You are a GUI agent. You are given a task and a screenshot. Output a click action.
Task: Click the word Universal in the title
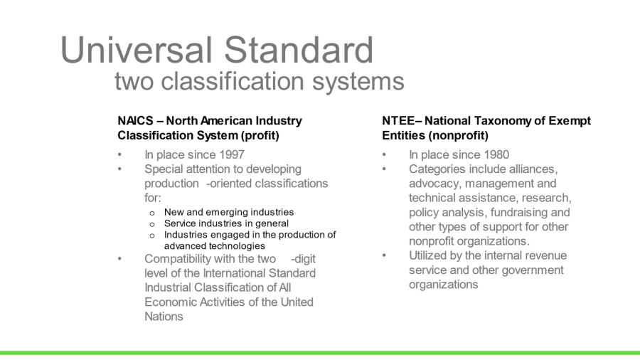pyautogui.click(x=137, y=50)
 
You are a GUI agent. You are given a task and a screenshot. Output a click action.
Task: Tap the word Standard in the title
pyautogui.click(x=299, y=50)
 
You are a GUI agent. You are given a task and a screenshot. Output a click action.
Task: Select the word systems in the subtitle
pyautogui.click(x=358, y=82)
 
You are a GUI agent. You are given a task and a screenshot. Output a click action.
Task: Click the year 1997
pyautogui.click(x=231, y=154)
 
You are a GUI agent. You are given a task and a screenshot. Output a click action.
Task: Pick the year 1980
pyautogui.click(x=496, y=154)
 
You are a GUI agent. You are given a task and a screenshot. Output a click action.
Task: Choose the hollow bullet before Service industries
pyautogui.click(x=152, y=224)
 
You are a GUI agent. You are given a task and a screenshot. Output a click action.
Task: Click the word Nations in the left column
pyautogui.click(x=164, y=317)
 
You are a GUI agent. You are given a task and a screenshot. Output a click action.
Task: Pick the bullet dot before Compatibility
pyautogui.click(x=119, y=259)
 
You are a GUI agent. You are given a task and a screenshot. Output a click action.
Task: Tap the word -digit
pyautogui.click(x=303, y=259)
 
